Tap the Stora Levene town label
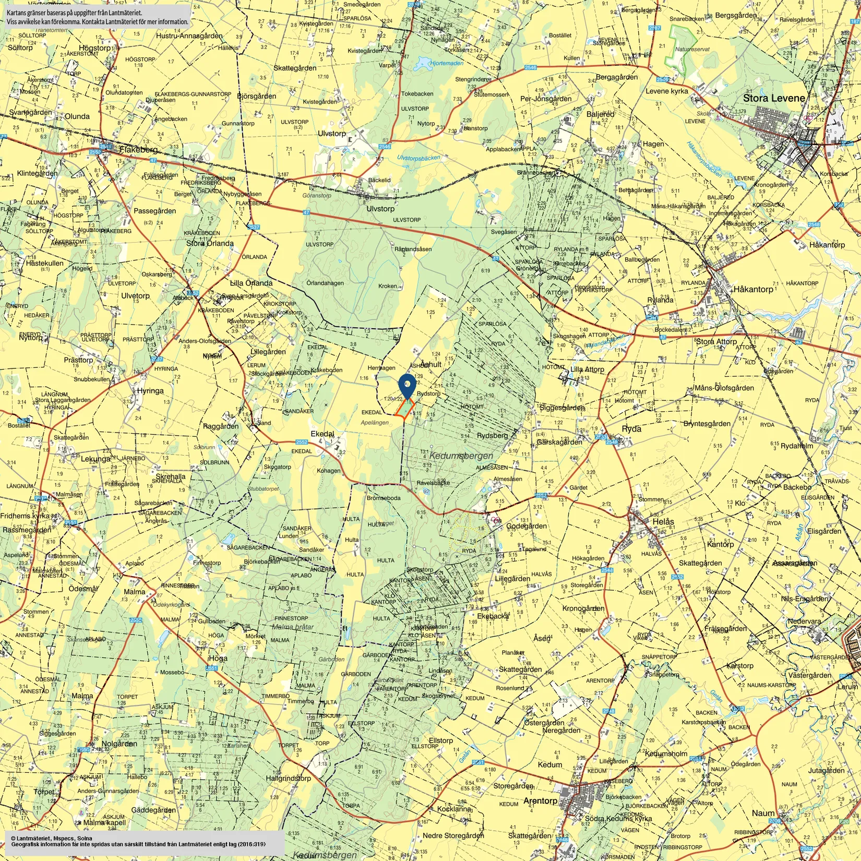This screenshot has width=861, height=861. (773, 98)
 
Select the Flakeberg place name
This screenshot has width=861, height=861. (138, 150)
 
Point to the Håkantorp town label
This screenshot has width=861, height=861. (753, 289)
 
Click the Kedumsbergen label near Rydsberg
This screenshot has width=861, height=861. (461, 456)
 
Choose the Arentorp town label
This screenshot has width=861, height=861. (540, 800)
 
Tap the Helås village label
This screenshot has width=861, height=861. (663, 521)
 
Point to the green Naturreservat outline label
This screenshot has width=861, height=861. (692, 49)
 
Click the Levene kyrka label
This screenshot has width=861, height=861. (666, 91)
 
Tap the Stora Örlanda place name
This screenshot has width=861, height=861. (210, 243)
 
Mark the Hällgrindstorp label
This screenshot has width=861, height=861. (288, 778)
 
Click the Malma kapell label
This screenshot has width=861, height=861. (104, 822)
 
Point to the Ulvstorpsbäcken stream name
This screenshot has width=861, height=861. (418, 158)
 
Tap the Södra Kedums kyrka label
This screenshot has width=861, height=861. (618, 818)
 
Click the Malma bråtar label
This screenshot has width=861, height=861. (293, 627)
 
